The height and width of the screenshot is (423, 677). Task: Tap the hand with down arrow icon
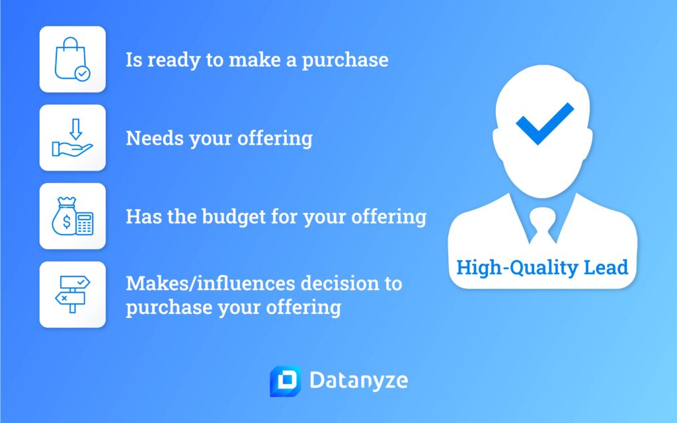click(72, 138)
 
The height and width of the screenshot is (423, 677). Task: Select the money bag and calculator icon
click(72, 216)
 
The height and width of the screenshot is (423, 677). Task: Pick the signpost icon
click(72, 294)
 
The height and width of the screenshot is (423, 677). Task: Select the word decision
click(340, 284)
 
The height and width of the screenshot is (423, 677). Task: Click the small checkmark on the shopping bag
click(82, 74)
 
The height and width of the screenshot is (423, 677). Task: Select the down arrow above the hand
click(75, 126)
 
